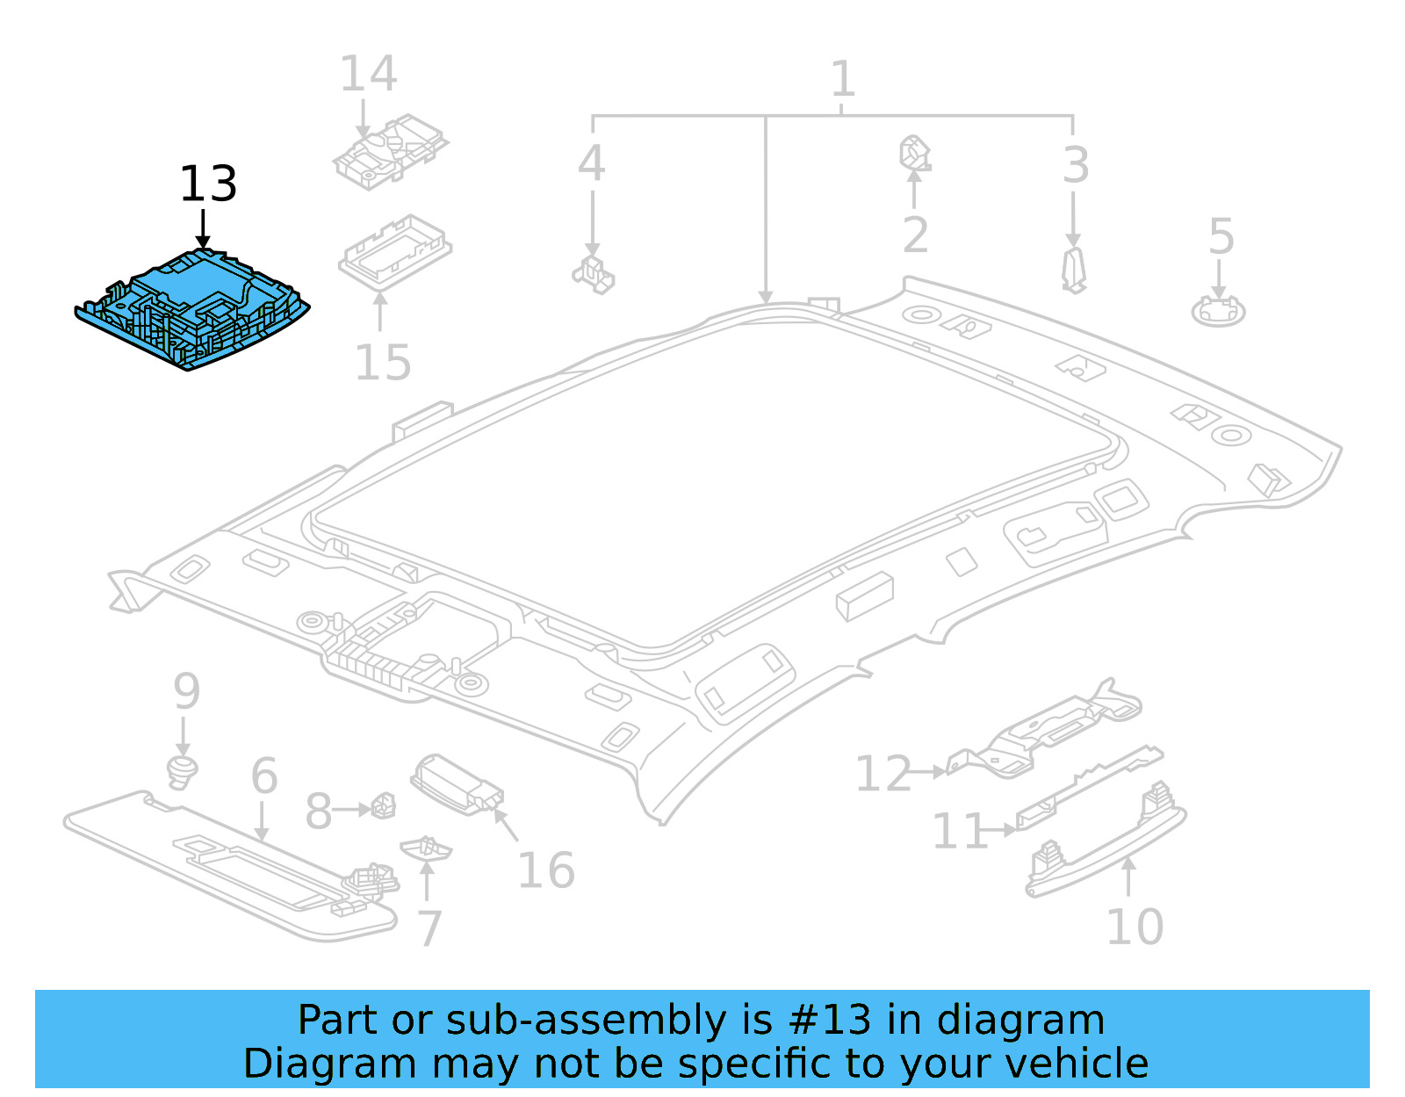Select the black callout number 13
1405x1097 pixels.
click(x=208, y=184)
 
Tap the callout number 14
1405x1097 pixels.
click(x=368, y=74)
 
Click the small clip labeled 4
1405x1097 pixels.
click(x=594, y=274)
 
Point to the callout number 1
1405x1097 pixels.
click(x=842, y=79)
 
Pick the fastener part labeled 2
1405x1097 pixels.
click(x=914, y=154)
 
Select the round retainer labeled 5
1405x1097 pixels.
click(x=1218, y=311)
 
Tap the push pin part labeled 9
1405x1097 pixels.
click(x=182, y=770)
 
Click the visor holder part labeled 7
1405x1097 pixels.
click(x=426, y=848)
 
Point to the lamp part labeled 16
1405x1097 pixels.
click(x=457, y=783)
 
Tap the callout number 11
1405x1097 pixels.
click(x=960, y=831)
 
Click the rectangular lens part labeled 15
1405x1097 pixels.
click(x=395, y=251)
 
